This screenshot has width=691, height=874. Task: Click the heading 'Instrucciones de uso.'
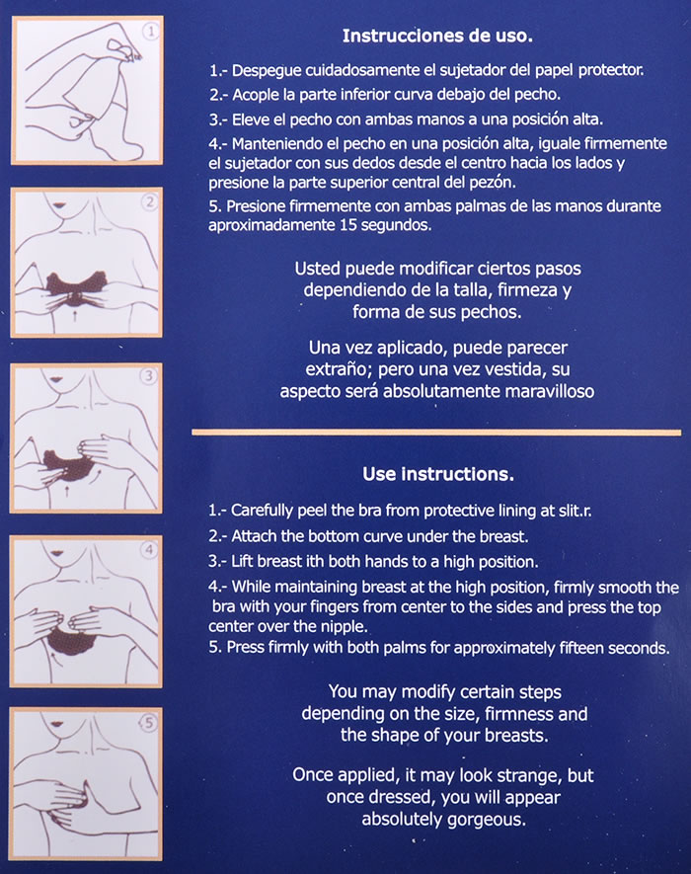tap(437, 36)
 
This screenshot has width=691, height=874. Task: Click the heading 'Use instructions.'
tap(438, 474)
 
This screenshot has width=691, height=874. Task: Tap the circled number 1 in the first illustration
tap(150, 32)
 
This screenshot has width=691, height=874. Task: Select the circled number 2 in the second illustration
tap(149, 202)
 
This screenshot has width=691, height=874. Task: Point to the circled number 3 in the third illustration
tap(148, 376)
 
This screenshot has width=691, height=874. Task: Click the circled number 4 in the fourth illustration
tap(149, 550)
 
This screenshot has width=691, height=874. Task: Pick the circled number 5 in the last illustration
tap(148, 723)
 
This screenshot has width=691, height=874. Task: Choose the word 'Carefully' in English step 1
tap(262, 511)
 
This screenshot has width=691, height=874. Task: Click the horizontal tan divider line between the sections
tap(436, 433)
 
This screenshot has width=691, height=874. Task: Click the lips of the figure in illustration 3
tap(55, 380)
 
